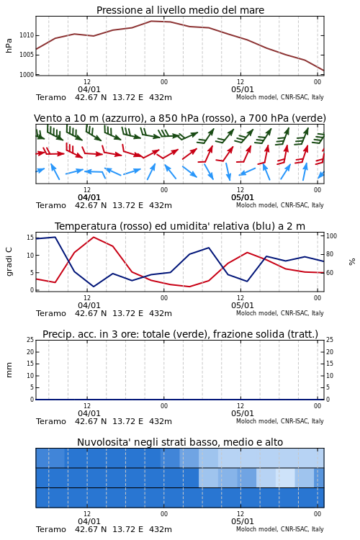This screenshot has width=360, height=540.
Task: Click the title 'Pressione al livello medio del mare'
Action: (x=180, y=10)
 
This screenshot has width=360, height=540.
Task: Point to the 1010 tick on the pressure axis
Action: (x=27, y=35)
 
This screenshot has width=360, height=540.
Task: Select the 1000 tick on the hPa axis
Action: (x=27, y=75)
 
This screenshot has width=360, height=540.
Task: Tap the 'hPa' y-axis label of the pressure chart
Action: (x=9, y=45)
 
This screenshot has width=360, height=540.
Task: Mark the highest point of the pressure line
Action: (x=151, y=21)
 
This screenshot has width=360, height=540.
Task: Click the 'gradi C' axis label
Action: (x=9, y=261)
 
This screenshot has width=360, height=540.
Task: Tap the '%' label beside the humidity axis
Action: (x=352, y=262)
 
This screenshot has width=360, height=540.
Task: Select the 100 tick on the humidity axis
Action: (x=331, y=236)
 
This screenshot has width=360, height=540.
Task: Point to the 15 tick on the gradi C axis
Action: (x=30, y=238)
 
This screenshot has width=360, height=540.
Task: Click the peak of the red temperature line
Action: (x=94, y=237)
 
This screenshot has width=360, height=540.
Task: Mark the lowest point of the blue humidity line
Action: (x=94, y=287)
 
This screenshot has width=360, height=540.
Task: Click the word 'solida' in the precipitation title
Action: (x=266, y=334)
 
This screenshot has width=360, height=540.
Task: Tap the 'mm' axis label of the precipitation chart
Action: (x=9, y=370)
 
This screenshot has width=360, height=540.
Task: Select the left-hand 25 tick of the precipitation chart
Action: (x=30, y=340)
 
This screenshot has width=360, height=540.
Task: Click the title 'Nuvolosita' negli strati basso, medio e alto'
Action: (x=180, y=442)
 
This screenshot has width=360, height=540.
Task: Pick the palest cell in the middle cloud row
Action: (x=285, y=477)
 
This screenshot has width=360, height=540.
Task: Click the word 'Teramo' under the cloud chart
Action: (x=51, y=529)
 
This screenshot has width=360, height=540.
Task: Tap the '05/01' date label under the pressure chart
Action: (x=242, y=89)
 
